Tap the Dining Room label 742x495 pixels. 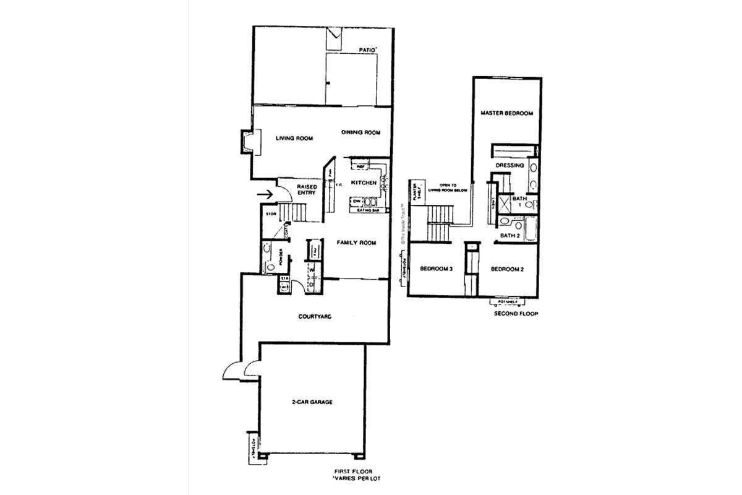pos(360,132)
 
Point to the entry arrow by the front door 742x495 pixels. pos(266,194)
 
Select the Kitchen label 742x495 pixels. pos(364,183)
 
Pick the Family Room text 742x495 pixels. pos(356,243)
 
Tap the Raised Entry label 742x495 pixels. pos(307,189)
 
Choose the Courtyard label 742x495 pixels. pos(315,317)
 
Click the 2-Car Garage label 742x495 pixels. pos(312,402)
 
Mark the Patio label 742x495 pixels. pos(369,48)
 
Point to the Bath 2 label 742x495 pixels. pos(509,235)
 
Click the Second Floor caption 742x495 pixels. pos(516,314)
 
